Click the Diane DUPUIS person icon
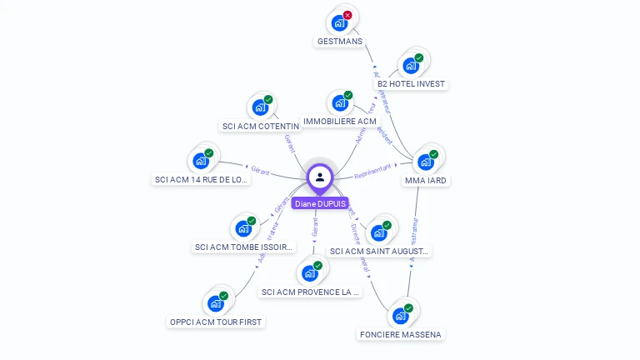pos(320,177)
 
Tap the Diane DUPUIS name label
pos(320,203)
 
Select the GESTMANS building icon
pos(339,23)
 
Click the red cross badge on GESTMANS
pos(347,15)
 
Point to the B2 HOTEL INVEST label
pos(412,84)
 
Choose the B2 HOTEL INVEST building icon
pos(410,66)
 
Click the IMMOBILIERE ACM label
pos(340,122)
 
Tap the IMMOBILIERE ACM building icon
pos(339,103)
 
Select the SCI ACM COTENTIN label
pos(261,127)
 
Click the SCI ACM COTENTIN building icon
pos(260,107)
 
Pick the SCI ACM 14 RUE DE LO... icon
pos(201,161)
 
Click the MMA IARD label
pos(426,180)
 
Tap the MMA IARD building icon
pos(425,162)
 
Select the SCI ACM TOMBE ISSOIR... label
pos(244,247)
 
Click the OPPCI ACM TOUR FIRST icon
pos(216,303)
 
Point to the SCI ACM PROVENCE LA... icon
pos(310,273)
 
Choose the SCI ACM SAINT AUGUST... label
pos(380,251)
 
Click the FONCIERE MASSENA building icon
pos(401,316)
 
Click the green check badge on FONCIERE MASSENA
pos(409,308)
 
